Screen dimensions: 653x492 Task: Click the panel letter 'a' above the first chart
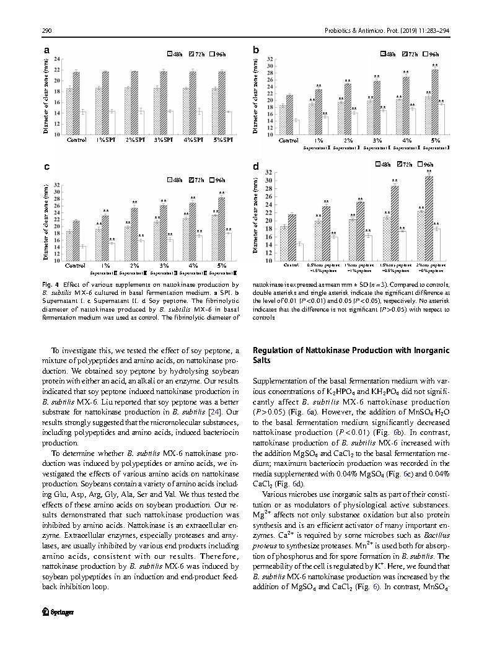pyautogui.click(x=46, y=50)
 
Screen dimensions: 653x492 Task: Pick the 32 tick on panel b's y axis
pyautogui.click(x=270, y=59)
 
